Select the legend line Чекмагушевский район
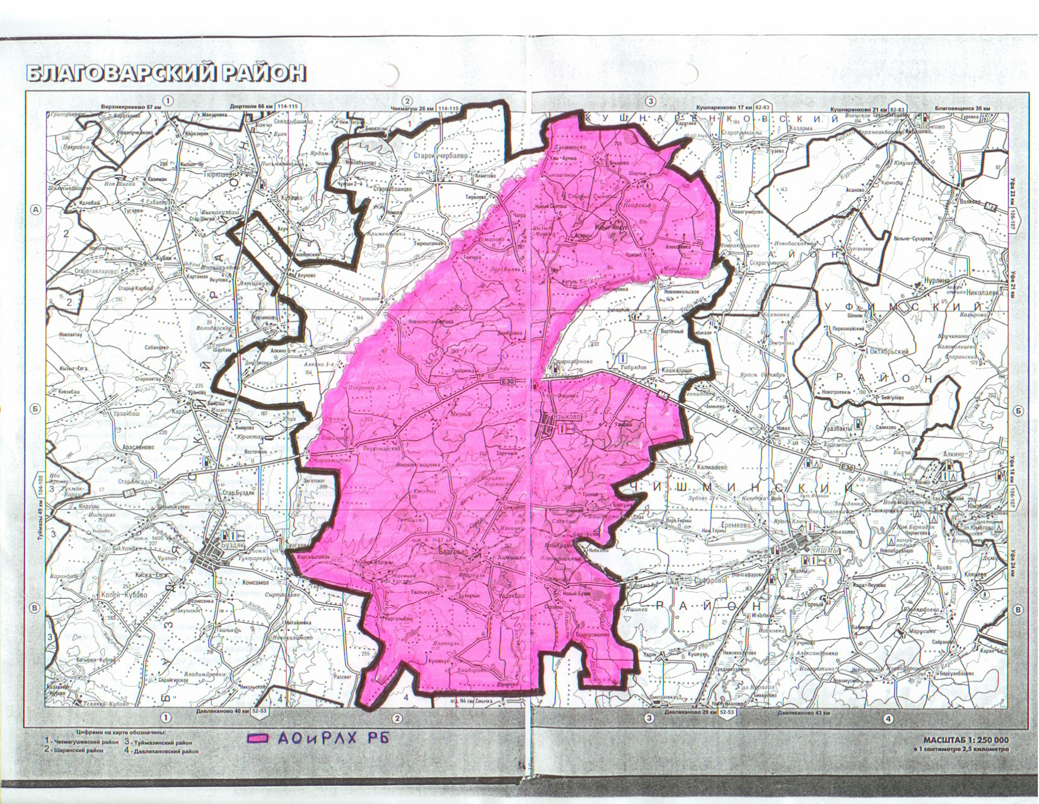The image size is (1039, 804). coord(84,742)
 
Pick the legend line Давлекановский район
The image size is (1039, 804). coord(165,752)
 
